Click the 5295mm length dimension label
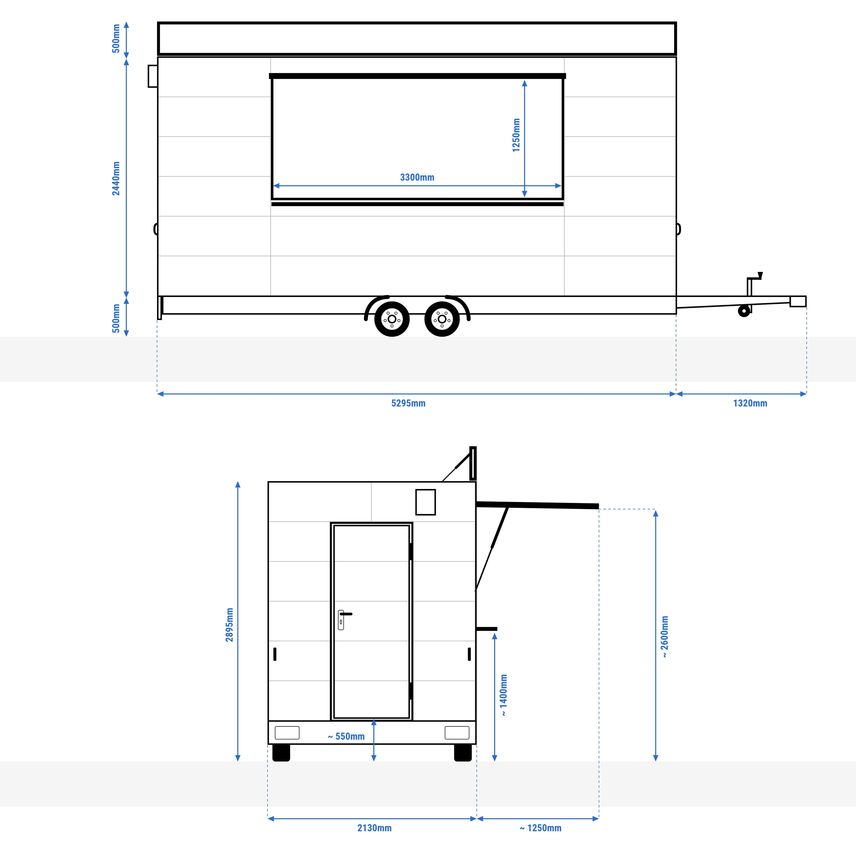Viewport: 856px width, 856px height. (x=408, y=403)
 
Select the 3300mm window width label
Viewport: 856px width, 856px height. (x=417, y=177)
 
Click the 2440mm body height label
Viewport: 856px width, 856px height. (x=116, y=179)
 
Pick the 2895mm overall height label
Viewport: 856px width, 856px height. (x=229, y=625)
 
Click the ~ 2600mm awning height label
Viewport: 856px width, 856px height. (x=665, y=637)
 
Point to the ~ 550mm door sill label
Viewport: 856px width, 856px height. (x=346, y=736)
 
